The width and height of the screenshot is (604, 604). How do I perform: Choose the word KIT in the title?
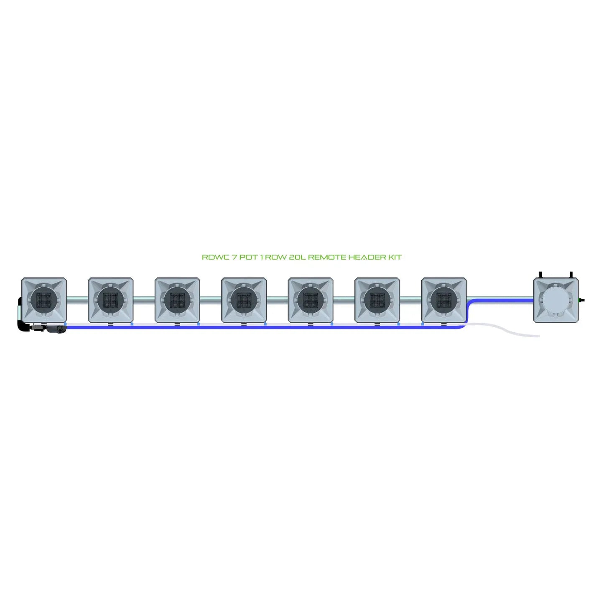tap(396, 257)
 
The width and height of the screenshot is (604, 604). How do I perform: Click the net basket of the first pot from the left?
tap(44, 300)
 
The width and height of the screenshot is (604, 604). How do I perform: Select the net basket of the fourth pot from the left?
tap(244, 300)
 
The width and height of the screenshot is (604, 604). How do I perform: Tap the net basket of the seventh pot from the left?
tap(443, 300)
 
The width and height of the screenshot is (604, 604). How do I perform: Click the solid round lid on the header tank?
tap(556, 300)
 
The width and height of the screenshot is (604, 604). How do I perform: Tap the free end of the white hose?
tap(539, 336)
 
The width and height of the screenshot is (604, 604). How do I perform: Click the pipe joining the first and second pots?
tap(77, 300)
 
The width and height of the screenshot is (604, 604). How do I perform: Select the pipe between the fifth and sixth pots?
tap(344, 300)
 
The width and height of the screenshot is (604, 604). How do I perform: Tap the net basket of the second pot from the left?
tap(111, 300)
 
